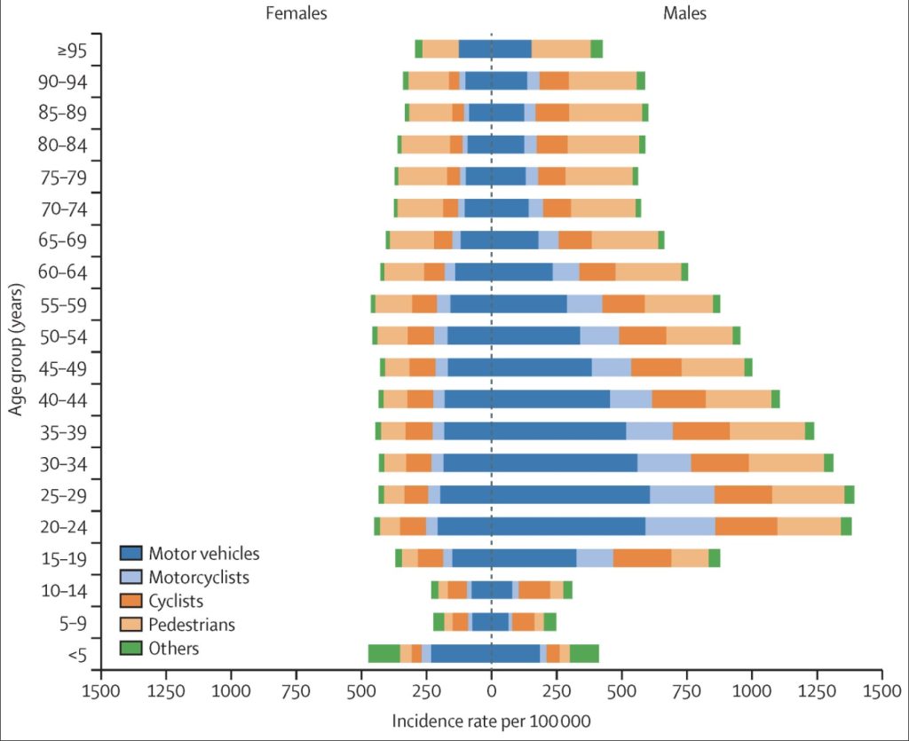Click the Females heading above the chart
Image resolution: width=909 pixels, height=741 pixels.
[296, 12]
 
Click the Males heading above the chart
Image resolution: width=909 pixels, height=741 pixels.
[684, 12]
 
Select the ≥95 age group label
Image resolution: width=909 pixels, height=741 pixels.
[72, 51]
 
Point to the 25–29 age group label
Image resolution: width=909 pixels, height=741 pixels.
[64, 496]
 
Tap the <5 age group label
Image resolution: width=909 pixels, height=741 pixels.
[77, 655]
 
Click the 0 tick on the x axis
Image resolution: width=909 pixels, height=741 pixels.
[492, 690]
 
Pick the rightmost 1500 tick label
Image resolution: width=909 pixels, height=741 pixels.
[881, 690]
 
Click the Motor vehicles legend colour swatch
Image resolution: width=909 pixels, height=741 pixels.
[131, 553]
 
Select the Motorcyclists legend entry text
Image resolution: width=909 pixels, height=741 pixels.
[199, 577]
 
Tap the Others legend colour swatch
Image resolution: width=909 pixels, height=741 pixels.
[131, 648]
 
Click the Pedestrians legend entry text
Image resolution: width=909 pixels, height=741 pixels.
[192, 625]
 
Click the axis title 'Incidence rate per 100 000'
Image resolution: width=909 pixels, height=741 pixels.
[492, 721]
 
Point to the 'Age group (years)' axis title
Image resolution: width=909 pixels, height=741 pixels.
[16, 350]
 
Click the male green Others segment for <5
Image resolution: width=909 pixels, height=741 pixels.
[584, 653]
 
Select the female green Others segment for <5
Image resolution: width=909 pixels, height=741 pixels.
[383, 653]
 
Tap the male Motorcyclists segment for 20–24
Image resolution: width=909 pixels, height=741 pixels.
[680, 526]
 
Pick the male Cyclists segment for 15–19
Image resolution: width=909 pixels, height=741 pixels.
[643, 558]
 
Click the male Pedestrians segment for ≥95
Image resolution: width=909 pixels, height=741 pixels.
[561, 49]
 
